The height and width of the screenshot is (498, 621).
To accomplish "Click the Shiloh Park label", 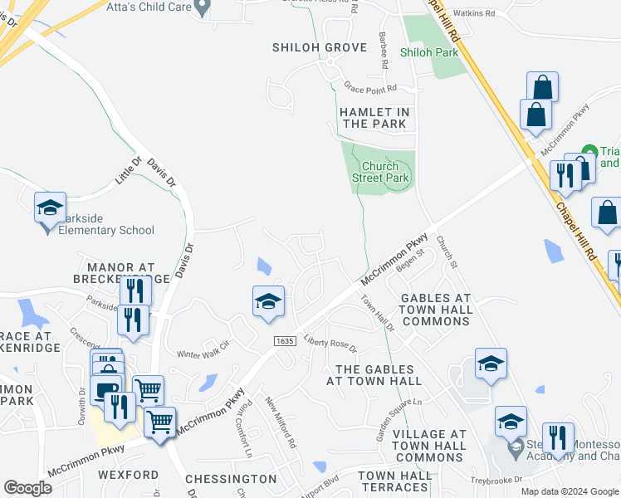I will point(429,52).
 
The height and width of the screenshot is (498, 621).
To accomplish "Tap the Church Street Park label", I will point(380,172).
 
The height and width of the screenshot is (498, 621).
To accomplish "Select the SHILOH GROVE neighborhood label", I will point(320,47).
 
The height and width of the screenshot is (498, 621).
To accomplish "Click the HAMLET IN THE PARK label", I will point(374,118).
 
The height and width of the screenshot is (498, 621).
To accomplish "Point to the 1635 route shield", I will point(285,341).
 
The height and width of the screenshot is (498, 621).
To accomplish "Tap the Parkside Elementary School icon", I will point(50,207).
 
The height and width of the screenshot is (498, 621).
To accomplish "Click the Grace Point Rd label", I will point(371,87).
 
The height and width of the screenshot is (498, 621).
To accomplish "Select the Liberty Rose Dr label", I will point(330,343).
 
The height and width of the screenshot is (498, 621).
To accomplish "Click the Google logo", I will point(27,488).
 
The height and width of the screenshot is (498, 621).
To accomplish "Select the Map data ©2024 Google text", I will point(569,491).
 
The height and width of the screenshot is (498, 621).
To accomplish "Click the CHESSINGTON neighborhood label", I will point(231,479).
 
